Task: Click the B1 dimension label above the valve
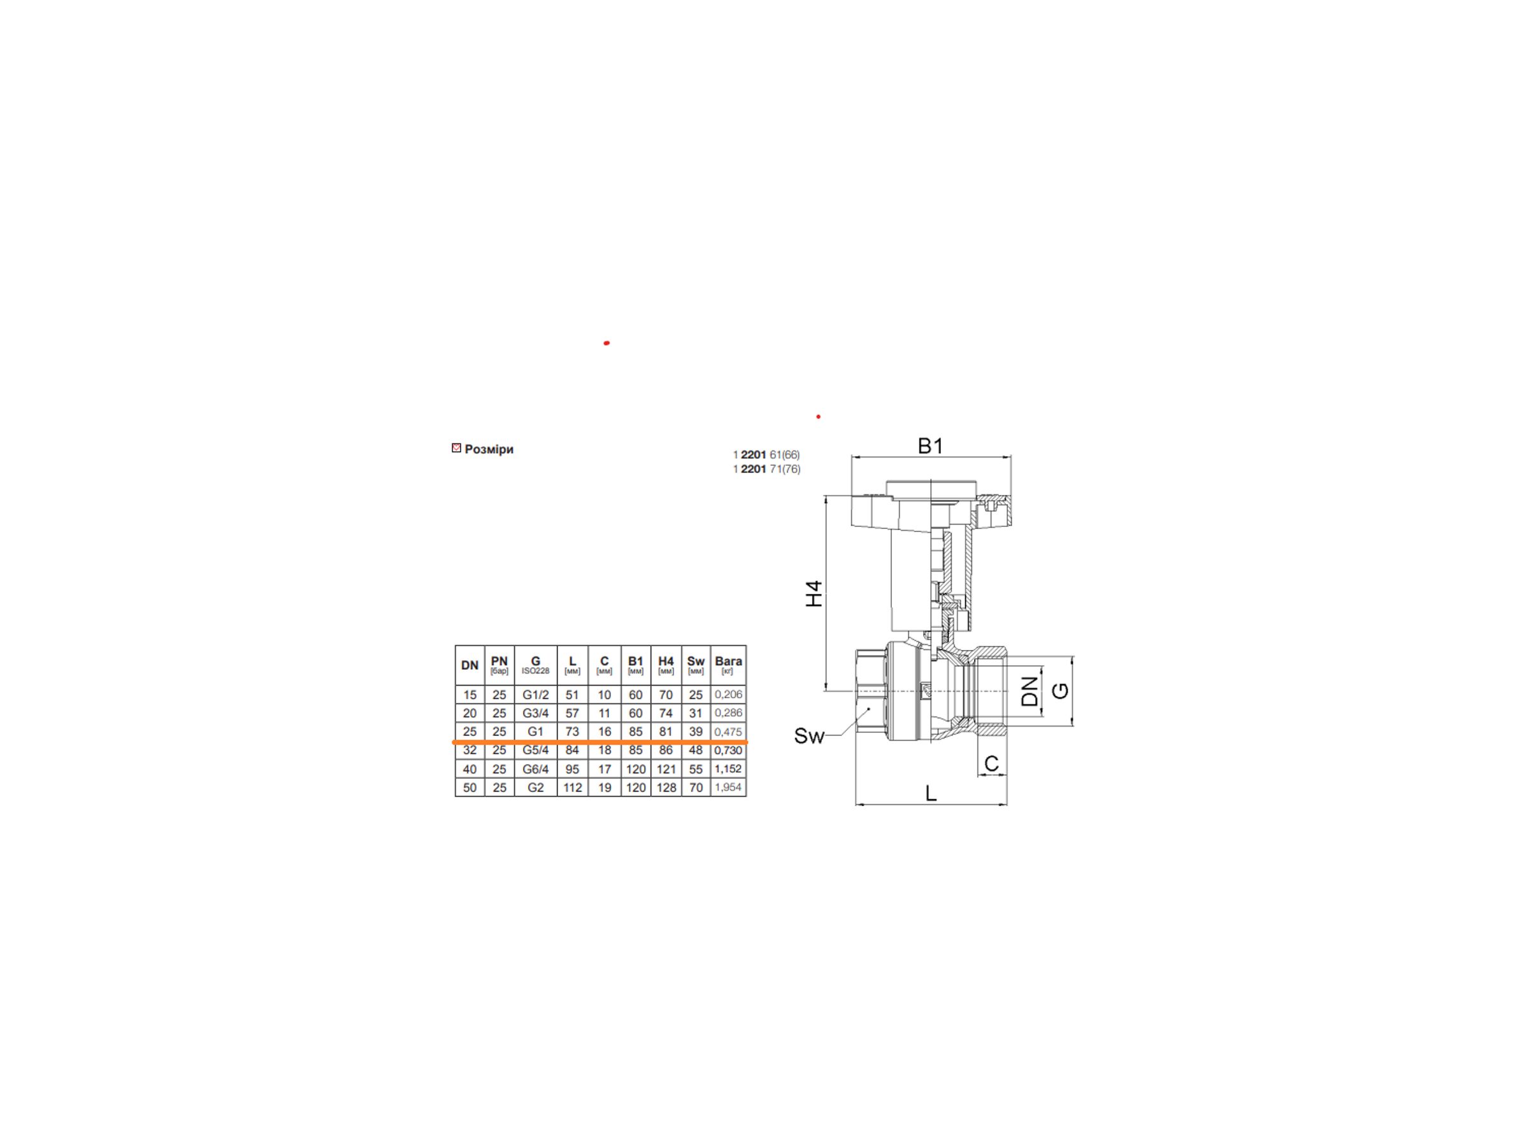(x=930, y=447)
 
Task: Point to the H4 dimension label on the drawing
(x=815, y=593)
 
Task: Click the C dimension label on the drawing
(x=991, y=763)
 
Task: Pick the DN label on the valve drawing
(x=1030, y=691)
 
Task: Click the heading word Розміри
(x=489, y=449)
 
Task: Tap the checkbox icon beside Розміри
(x=456, y=448)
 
